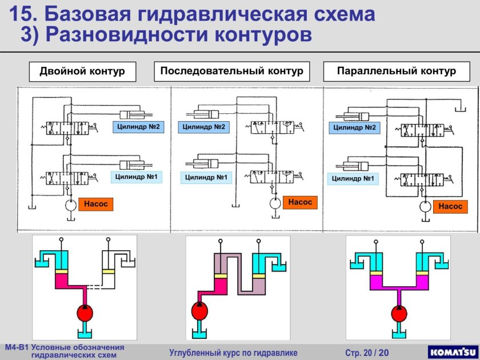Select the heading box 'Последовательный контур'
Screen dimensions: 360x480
pyautogui.click(x=231, y=71)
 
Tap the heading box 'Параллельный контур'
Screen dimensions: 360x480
pyautogui.click(x=397, y=71)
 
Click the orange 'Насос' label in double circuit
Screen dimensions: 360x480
pyautogui.click(x=95, y=203)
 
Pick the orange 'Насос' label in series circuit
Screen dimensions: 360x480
pyautogui.click(x=299, y=202)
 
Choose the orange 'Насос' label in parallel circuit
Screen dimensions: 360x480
pyautogui.click(x=450, y=206)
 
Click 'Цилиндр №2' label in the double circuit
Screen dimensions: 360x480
pyautogui.click(x=138, y=126)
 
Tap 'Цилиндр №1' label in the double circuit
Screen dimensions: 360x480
pyautogui.click(x=137, y=177)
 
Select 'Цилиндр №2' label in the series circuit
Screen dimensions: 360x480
pyautogui.click(x=203, y=127)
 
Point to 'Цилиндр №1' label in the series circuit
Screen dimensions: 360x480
pyautogui.click(x=206, y=178)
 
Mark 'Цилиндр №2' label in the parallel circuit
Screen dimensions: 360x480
pyautogui.click(x=354, y=128)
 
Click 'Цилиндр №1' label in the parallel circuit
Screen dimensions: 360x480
pyautogui.click(x=353, y=179)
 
